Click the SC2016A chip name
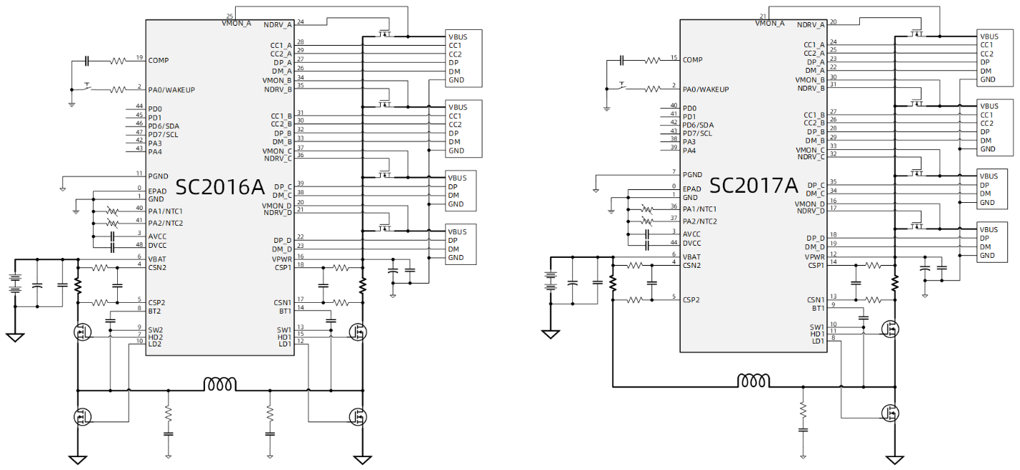click(x=220, y=187)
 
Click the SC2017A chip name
click(x=753, y=186)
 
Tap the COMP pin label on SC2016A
click(x=159, y=61)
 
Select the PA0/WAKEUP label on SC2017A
click(x=706, y=89)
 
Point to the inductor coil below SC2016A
click(x=220, y=384)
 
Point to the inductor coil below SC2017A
click(x=754, y=379)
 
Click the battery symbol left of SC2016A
click(x=14, y=284)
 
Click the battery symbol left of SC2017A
click(x=550, y=281)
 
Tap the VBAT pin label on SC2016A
click(x=156, y=258)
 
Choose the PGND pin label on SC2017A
click(x=692, y=174)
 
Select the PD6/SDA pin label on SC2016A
click(x=164, y=126)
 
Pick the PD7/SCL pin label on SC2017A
click(x=697, y=133)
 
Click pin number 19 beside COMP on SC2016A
click(x=139, y=58)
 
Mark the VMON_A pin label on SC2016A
click(x=236, y=24)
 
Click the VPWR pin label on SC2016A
click(x=281, y=258)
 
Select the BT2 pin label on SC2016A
click(x=154, y=311)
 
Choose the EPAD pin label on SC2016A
click(x=156, y=191)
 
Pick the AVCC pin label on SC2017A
click(x=691, y=234)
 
